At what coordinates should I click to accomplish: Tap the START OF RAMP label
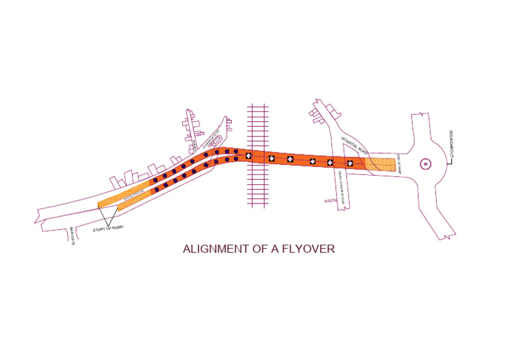108,227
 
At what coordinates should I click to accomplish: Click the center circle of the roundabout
424,164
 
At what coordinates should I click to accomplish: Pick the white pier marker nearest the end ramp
350,163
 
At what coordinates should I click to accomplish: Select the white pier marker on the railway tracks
249,156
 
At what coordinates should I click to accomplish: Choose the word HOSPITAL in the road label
349,143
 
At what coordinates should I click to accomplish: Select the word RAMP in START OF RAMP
117,227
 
